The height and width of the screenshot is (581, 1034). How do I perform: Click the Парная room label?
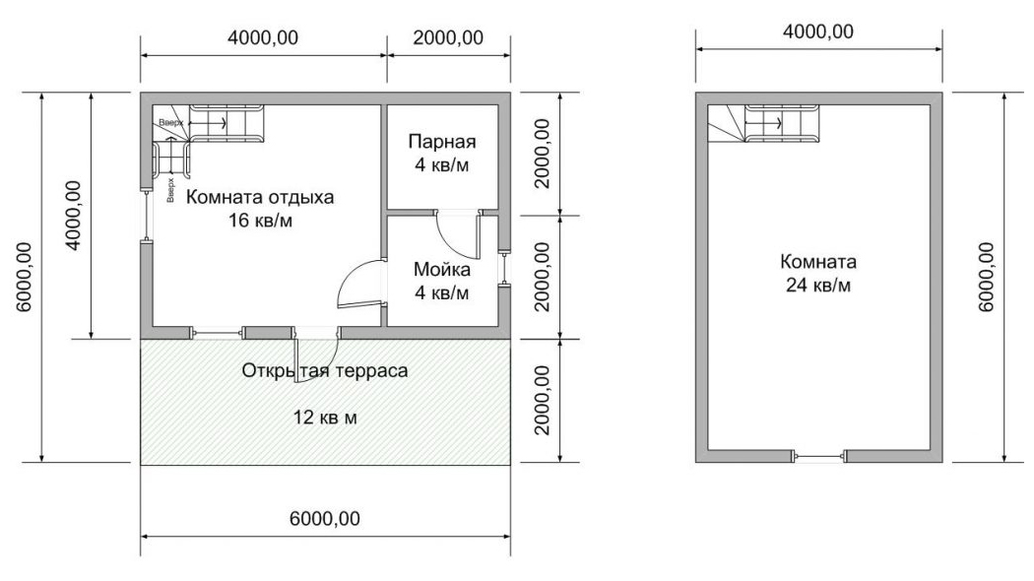pos(442,141)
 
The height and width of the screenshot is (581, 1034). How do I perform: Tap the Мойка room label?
pos(442,269)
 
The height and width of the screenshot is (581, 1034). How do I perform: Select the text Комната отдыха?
pos(260,197)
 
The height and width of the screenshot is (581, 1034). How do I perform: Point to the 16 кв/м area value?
pos(260,221)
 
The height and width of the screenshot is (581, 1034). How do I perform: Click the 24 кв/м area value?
pos(818,285)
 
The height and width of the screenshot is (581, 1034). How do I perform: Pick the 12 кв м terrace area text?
pos(325,418)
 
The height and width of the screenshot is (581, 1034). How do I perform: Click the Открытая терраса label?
pos(324,370)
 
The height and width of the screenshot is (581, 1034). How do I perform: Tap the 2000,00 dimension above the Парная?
pos(448,37)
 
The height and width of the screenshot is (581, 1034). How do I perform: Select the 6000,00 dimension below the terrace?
pos(325,518)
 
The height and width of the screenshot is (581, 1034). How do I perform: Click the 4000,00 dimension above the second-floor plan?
pos(818,31)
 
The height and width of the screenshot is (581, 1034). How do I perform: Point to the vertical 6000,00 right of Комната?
pos(986,277)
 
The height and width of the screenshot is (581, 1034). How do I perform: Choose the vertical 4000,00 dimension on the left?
pos(73,215)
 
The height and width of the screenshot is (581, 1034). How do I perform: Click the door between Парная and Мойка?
pos(458,234)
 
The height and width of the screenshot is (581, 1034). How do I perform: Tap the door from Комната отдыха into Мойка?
pos(360,284)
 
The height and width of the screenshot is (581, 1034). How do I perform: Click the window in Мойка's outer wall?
pos(504,269)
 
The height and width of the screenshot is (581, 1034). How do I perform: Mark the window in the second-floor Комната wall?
pos(818,455)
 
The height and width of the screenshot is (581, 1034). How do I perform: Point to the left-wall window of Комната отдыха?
pos(147,216)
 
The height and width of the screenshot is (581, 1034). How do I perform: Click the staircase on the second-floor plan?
pos(765,123)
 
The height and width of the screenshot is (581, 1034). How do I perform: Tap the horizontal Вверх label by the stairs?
pos(170,123)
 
